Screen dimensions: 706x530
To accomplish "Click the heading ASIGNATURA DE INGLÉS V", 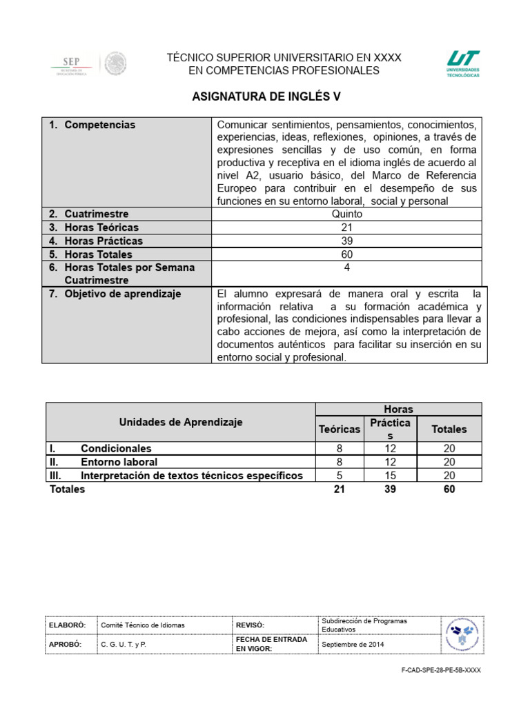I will click(x=266, y=97).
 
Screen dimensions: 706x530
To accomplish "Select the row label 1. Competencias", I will click(x=99, y=125).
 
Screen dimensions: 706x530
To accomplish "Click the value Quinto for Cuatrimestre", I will click(x=346, y=214).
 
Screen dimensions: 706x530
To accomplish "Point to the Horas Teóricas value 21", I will click(x=346, y=228).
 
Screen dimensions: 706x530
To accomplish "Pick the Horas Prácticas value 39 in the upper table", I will click(x=346, y=241).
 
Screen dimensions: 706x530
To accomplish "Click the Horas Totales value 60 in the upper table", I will click(x=346, y=254).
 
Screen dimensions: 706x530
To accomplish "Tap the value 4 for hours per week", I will click(x=346, y=268).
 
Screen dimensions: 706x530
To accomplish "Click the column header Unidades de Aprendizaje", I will click(x=181, y=422).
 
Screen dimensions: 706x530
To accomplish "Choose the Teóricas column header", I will click(x=339, y=429).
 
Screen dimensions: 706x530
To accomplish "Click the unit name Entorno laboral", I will click(x=119, y=462).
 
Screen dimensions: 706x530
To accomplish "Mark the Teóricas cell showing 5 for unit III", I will click(x=339, y=476).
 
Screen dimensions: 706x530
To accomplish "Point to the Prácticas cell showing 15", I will click(x=390, y=476).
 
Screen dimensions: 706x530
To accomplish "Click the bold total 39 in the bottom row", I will click(x=390, y=489).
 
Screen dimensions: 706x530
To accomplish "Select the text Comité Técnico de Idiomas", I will click(x=143, y=625).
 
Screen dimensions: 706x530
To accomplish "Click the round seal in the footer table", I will click(x=462, y=634).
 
